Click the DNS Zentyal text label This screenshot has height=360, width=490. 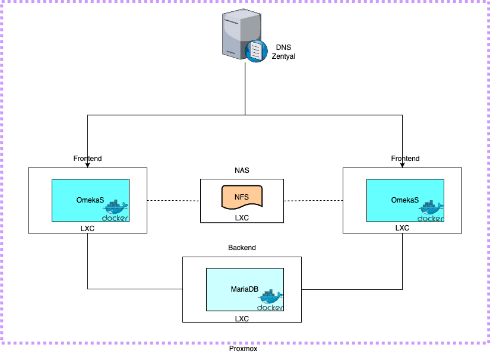[x=283, y=52]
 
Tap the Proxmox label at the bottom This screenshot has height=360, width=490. [x=243, y=349]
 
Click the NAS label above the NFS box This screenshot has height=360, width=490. [x=241, y=170]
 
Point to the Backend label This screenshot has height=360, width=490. [x=242, y=247]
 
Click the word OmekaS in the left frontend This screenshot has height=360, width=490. [x=90, y=200]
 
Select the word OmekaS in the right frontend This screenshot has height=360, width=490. [x=404, y=200]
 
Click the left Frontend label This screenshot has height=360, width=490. [x=87, y=159]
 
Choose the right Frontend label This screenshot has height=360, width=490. [x=405, y=159]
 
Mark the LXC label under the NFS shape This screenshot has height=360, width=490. [x=242, y=217]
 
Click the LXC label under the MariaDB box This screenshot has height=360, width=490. [x=242, y=318]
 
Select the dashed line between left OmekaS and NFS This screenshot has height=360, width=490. [x=173, y=201]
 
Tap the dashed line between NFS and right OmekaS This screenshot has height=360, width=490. [x=313, y=201]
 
